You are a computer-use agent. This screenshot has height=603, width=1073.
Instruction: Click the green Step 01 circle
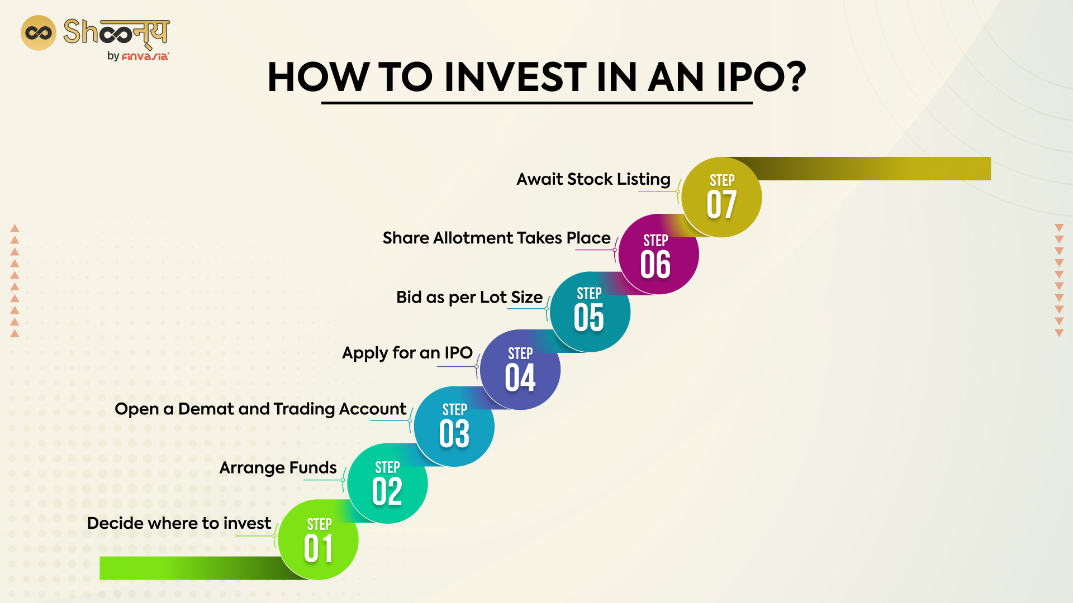pyautogui.click(x=319, y=540)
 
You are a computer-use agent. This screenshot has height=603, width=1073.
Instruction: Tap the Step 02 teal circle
pyautogui.click(x=387, y=484)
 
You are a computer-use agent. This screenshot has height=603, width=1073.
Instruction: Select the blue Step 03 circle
pyautogui.click(x=454, y=427)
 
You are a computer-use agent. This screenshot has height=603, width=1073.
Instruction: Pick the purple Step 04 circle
pyautogui.click(x=520, y=370)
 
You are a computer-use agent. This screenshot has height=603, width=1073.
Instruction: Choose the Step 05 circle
pyautogui.click(x=590, y=312)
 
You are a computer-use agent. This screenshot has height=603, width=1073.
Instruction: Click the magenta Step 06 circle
pyautogui.click(x=658, y=255)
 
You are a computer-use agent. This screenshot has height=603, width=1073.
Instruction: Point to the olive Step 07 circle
pyautogui.click(x=721, y=197)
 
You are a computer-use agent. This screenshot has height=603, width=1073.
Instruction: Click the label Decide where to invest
pyautogui.click(x=179, y=523)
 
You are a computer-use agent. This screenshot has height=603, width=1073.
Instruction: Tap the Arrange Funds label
pyautogui.click(x=278, y=467)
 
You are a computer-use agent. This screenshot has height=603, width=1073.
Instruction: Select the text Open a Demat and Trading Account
pyautogui.click(x=260, y=409)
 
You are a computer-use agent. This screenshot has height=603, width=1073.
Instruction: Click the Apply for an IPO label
pyautogui.click(x=407, y=353)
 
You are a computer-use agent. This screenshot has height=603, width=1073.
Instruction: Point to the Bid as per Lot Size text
pyautogui.click(x=469, y=297)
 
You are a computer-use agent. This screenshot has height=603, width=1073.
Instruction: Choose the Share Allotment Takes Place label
pyautogui.click(x=496, y=238)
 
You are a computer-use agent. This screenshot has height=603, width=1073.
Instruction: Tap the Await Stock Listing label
pyautogui.click(x=593, y=179)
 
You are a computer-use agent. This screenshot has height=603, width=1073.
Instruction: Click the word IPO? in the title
pyautogui.click(x=761, y=77)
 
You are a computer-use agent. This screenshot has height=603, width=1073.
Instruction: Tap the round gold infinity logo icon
pyautogui.click(x=39, y=33)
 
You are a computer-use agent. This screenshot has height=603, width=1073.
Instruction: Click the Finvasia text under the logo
pyautogui.click(x=145, y=56)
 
